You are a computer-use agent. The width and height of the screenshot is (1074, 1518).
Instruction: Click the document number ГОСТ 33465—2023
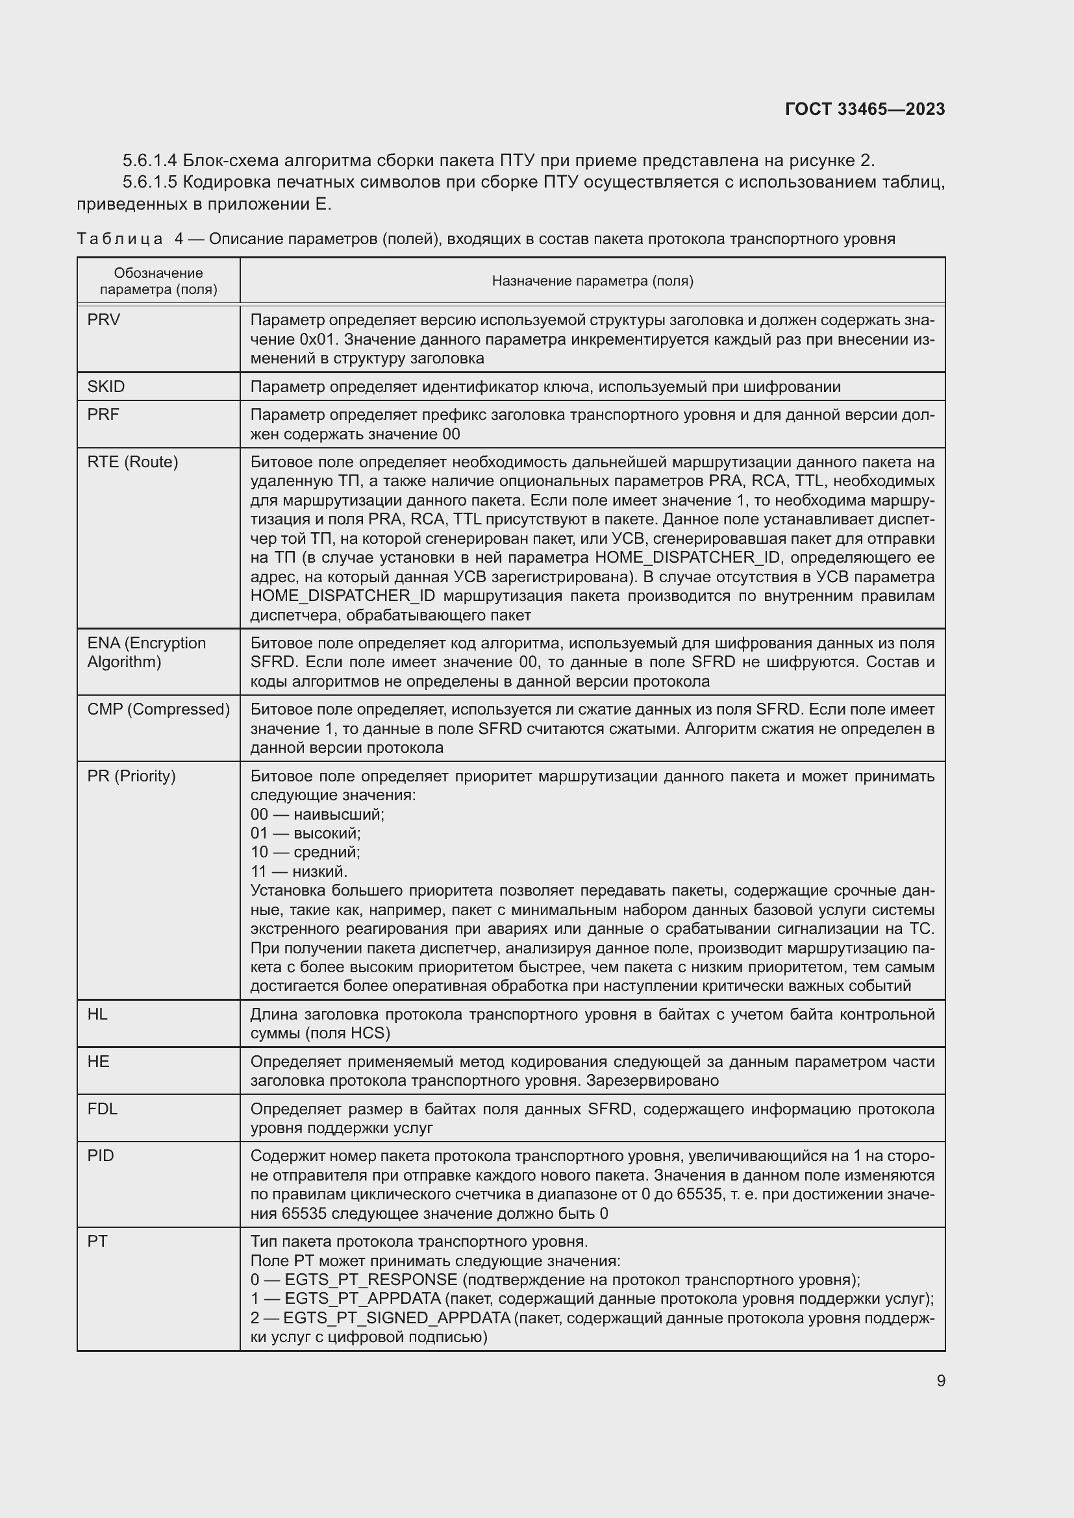[x=864, y=109]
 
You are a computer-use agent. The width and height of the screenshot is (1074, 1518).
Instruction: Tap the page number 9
[x=940, y=1380]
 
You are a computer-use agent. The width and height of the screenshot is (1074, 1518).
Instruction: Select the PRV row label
[x=104, y=320]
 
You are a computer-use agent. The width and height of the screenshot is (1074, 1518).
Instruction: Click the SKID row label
[x=106, y=387]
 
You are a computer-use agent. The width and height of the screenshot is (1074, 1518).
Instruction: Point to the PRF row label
[x=103, y=415]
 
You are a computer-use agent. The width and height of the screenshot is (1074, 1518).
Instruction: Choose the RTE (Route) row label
[x=132, y=462]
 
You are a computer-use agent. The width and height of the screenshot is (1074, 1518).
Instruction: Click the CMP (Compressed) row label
[x=158, y=709]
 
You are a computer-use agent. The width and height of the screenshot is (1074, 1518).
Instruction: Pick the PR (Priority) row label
[x=131, y=776]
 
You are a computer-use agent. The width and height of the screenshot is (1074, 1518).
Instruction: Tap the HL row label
[x=97, y=1014]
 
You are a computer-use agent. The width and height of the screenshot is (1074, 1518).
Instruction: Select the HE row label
[x=98, y=1062]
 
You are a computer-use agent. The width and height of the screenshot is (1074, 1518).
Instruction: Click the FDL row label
[x=102, y=1108]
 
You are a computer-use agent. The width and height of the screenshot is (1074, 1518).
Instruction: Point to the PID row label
[x=101, y=1157]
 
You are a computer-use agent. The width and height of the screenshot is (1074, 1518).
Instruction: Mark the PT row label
[x=97, y=1242]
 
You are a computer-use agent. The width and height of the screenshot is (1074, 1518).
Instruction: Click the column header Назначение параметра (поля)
[x=592, y=281]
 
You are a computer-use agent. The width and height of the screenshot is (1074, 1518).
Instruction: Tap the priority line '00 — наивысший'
[x=317, y=814]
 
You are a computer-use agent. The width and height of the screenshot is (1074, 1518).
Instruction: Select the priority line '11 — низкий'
[x=298, y=872]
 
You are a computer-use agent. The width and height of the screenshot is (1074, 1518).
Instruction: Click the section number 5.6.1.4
[x=149, y=161]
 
